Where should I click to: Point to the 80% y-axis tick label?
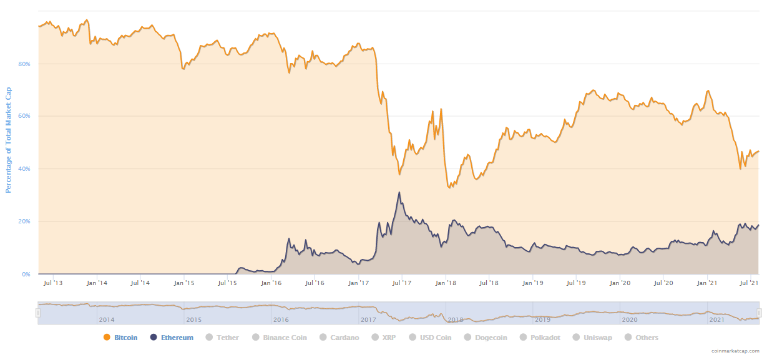[x=24, y=64]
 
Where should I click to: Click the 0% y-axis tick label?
[x=26, y=274]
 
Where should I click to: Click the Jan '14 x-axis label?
[x=97, y=283]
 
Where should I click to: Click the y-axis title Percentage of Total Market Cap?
[x=9, y=140]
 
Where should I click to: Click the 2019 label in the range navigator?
[x=542, y=319]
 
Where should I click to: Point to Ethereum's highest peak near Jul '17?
[x=399, y=192]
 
